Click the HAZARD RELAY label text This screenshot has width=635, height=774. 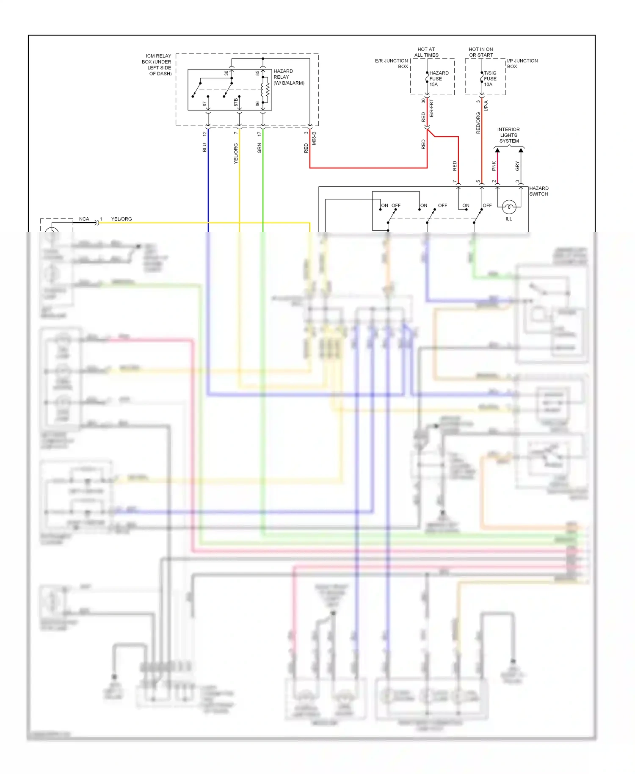pos(289,77)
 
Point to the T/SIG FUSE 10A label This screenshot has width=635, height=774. pos(490,79)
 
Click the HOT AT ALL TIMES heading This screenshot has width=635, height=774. pos(426,52)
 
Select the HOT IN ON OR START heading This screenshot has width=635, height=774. pos(480,52)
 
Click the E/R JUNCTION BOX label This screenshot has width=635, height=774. pos(392,64)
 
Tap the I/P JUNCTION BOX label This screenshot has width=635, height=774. pos(522,64)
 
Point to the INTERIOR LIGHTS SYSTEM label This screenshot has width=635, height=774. pos(508,135)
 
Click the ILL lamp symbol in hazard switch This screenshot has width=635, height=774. pos(508,207)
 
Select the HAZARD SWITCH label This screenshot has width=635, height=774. pos(538,191)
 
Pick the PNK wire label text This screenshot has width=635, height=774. pos(494,166)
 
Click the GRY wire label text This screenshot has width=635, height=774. pos(517,166)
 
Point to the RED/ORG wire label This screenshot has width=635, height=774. pos(478,123)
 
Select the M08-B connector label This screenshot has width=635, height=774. pos(314,138)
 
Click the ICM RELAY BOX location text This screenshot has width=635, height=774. pos(157,65)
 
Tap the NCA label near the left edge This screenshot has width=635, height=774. pos(84,219)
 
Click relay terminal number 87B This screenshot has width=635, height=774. pos(236,102)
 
